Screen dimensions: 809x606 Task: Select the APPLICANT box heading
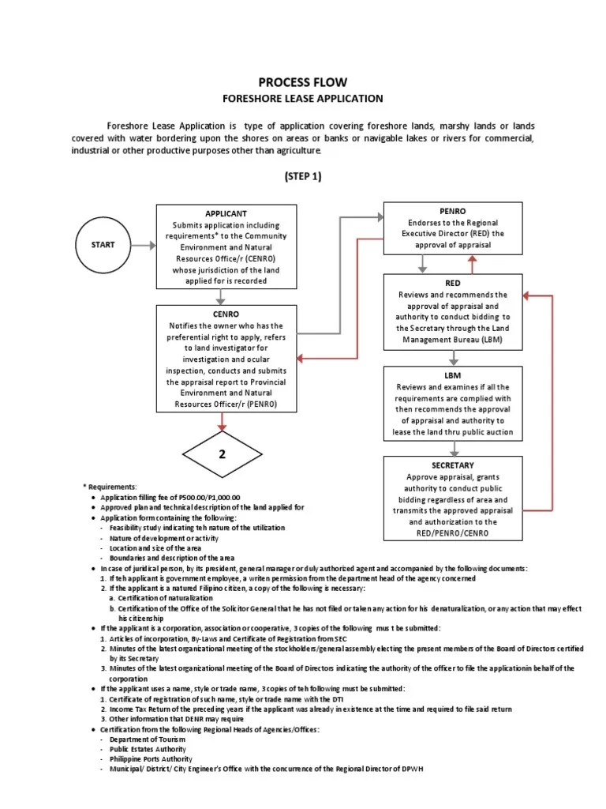[x=226, y=213]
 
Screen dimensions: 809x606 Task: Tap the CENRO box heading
[x=226, y=314]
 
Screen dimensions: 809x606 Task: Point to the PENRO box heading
[x=453, y=212]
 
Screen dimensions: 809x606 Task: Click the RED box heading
[x=453, y=283]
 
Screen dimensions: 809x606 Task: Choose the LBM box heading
[x=453, y=375]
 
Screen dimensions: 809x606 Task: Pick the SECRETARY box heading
[x=453, y=465]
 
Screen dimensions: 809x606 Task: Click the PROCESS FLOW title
[x=303, y=82]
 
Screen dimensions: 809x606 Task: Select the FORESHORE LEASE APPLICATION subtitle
[x=303, y=99]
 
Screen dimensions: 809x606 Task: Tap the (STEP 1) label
[x=303, y=176]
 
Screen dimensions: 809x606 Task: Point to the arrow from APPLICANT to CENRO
[x=223, y=296]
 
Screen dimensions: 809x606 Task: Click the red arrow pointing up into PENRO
[x=473, y=264]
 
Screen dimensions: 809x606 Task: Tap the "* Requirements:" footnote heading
[x=110, y=486]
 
